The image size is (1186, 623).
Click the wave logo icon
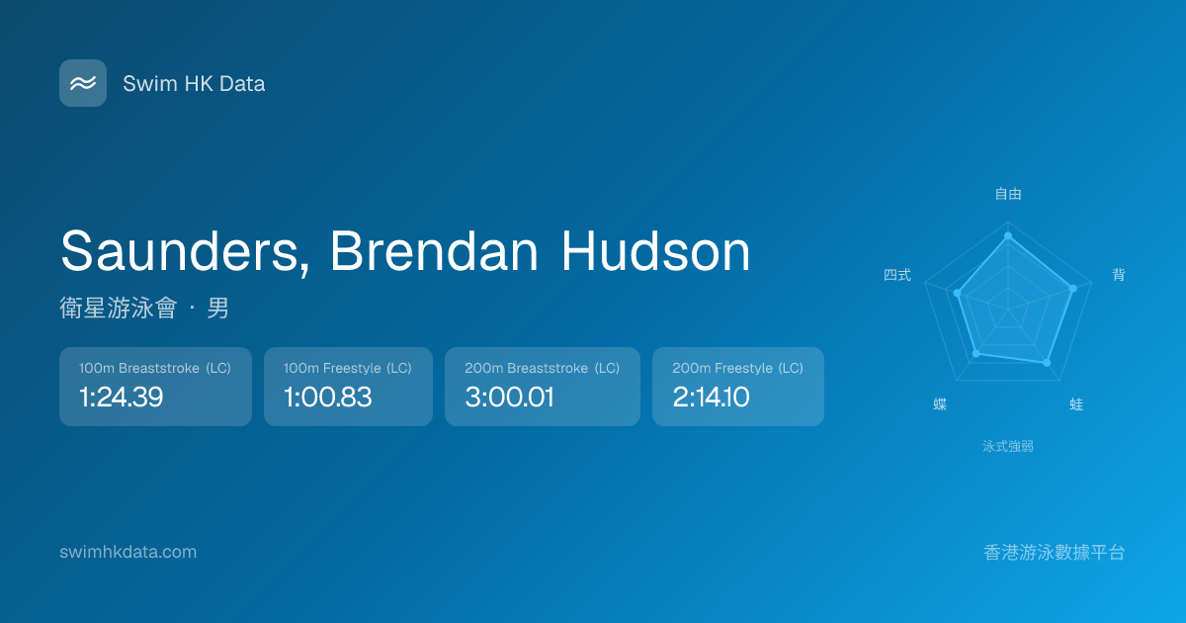click(x=83, y=83)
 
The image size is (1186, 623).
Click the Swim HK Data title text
click(x=194, y=84)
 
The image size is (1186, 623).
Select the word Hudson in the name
click(x=655, y=251)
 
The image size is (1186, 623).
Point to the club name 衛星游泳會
click(x=118, y=308)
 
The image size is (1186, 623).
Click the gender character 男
click(x=217, y=308)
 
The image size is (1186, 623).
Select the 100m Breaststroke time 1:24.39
click(x=122, y=397)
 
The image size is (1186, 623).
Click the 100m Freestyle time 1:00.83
click(x=328, y=397)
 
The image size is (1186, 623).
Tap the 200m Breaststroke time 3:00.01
click(x=509, y=397)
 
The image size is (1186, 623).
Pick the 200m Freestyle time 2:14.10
click(x=711, y=397)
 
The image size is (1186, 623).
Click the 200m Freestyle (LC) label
click(x=737, y=368)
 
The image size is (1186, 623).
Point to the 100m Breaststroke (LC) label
click(x=154, y=368)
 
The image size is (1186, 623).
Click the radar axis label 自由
click(x=1008, y=194)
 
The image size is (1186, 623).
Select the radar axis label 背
click(x=1118, y=275)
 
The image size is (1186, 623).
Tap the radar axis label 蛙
click(x=1076, y=404)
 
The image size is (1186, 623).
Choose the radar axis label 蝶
click(x=940, y=404)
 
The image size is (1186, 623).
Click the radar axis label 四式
click(x=897, y=275)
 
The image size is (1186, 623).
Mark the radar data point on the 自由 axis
click(x=1008, y=235)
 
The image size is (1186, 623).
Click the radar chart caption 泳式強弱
click(x=1008, y=446)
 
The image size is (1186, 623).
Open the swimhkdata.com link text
click(x=128, y=552)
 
